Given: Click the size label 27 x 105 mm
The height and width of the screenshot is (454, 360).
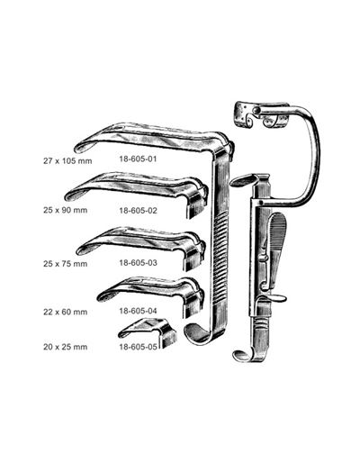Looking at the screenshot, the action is [67, 161].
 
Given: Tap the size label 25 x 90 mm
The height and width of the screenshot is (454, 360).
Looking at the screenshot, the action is [66, 210].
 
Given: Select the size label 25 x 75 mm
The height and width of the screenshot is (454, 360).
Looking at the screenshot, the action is [66, 264].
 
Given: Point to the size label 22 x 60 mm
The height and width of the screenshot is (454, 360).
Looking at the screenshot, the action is [66, 312].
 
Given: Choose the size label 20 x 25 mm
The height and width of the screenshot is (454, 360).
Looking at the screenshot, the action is [66, 347].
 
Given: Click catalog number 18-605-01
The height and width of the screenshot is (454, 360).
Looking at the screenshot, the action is [138, 159].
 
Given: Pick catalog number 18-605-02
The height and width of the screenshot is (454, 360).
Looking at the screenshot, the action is [138, 211].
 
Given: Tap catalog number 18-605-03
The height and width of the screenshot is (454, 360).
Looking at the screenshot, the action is [138, 263].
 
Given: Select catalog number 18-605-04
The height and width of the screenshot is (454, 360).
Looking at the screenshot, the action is [138, 311].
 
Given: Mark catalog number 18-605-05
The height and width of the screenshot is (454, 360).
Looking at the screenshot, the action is [138, 347].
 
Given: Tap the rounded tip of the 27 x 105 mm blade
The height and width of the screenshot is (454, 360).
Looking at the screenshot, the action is [78, 149].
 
